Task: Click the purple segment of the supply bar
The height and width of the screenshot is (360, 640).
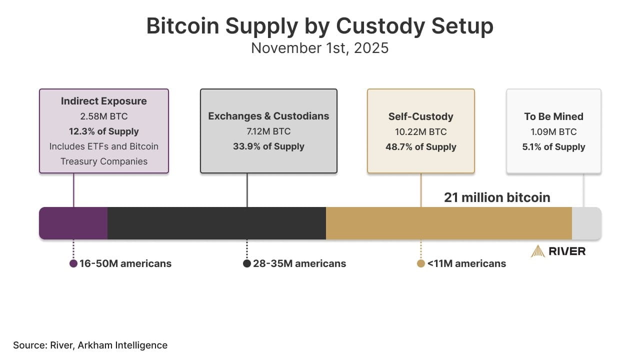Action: click(73, 223)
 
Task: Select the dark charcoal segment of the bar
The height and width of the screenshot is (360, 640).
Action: click(216, 223)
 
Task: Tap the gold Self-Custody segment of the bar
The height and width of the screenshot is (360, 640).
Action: click(448, 223)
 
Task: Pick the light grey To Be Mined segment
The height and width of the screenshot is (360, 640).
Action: click(586, 223)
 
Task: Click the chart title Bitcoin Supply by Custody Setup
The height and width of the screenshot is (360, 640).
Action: click(319, 26)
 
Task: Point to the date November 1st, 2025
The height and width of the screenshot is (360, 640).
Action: click(319, 48)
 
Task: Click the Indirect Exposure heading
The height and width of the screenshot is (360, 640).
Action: click(104, 101)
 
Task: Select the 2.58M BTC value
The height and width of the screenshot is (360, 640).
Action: click(104, 116)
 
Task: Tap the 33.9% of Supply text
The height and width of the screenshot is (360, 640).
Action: click(268, 146)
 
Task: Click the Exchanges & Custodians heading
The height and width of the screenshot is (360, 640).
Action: click(268, 116)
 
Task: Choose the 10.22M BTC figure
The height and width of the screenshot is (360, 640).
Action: click(420, 132)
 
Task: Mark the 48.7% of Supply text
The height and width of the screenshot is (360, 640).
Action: click(420, 147)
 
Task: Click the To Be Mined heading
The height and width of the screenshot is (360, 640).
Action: click(553, 116)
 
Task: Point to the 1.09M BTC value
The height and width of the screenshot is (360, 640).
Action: click(553, 132)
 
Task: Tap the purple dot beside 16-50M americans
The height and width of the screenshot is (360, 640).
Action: click(73, 263)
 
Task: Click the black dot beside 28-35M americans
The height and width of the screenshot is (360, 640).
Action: click(247, 263)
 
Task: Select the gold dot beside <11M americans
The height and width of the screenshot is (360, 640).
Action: click(421, 263)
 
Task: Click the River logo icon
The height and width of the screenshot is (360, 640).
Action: click(538, 251)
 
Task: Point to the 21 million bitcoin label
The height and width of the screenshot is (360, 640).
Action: click(497, 197)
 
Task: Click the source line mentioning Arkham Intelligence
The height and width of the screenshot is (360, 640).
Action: click(90, 345)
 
